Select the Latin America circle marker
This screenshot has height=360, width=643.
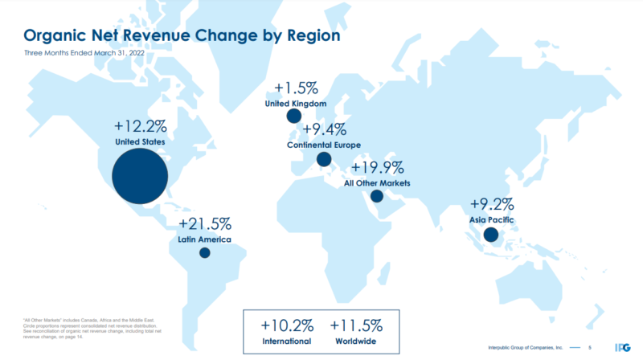[205, 252]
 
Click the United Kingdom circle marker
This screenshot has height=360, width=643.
[294, 117]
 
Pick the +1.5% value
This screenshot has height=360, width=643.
[296, 88]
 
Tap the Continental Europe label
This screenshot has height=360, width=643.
[324, 145]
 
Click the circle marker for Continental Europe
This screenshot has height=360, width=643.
[324, 159]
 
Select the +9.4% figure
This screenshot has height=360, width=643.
[325, 129]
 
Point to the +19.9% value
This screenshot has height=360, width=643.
[377, 167]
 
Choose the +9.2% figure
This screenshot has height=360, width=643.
[491, 202]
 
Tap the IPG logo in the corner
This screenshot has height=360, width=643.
[620, 346]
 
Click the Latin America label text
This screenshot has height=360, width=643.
[204, 240]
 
